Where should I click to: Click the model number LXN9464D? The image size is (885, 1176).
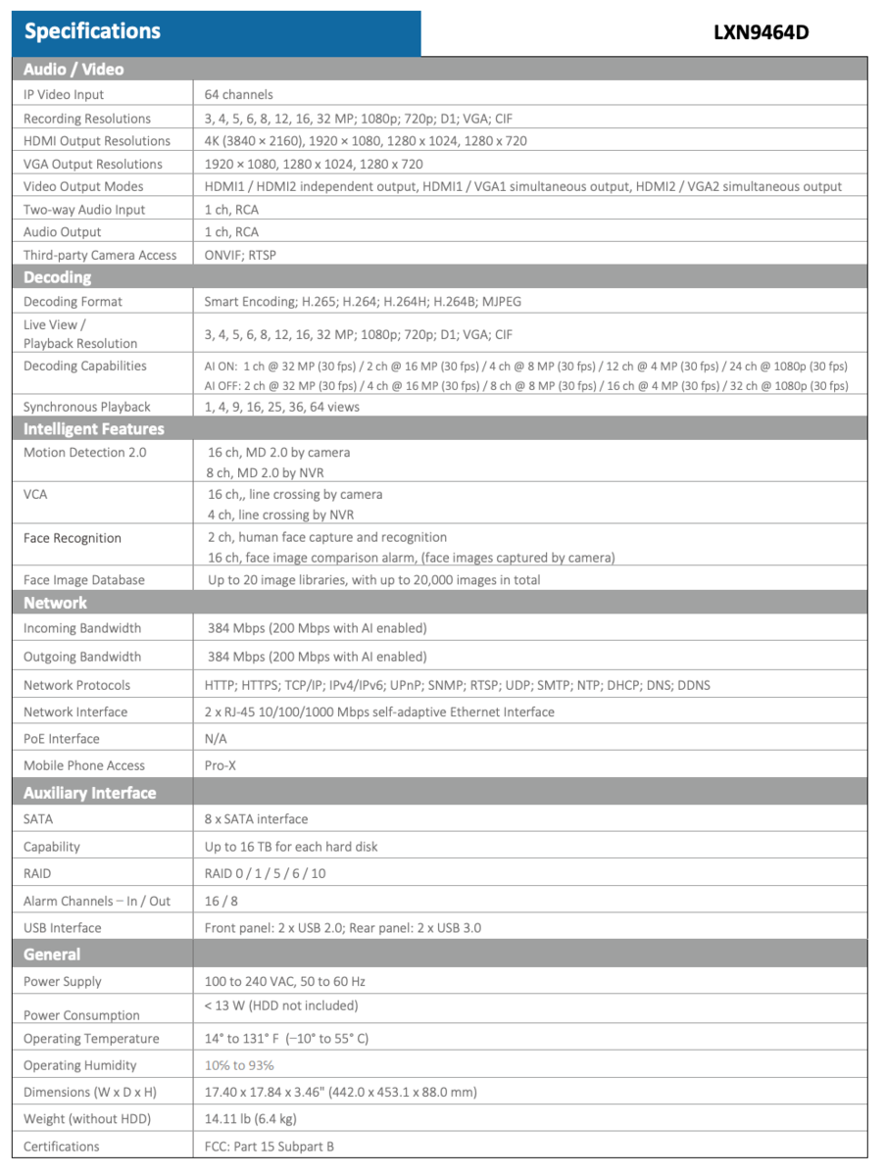click(761, 32)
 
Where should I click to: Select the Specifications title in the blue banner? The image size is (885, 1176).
click(92, 31)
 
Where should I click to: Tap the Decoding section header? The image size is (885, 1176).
click(57, 277)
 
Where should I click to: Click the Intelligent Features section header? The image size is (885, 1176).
click(94, 428)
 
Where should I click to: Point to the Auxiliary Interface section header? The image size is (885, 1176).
click(89, 793)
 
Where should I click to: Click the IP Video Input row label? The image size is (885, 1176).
click(64, 95)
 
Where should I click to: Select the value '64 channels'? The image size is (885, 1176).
click(239, 95)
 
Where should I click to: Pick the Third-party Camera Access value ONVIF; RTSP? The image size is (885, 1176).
click(240, 255)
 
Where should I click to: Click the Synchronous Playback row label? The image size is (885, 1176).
click(87, 407)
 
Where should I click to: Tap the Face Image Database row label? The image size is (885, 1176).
click(84, 580)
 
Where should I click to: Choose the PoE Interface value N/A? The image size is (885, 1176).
click(216, 739)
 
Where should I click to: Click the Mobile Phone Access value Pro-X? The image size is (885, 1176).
click(221, 765)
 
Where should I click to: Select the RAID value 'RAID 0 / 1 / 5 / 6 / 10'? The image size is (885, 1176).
click(266, 873)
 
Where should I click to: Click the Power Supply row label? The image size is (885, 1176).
click(63, 981)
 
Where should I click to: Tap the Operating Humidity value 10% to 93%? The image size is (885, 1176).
click(239, 1065)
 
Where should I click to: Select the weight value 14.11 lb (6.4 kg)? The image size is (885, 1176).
click(251, 1118)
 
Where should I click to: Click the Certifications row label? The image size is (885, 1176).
click(62, 1146)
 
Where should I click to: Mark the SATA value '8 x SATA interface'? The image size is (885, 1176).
click(256, 818)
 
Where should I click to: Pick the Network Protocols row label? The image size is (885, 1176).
click(76, 685)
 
